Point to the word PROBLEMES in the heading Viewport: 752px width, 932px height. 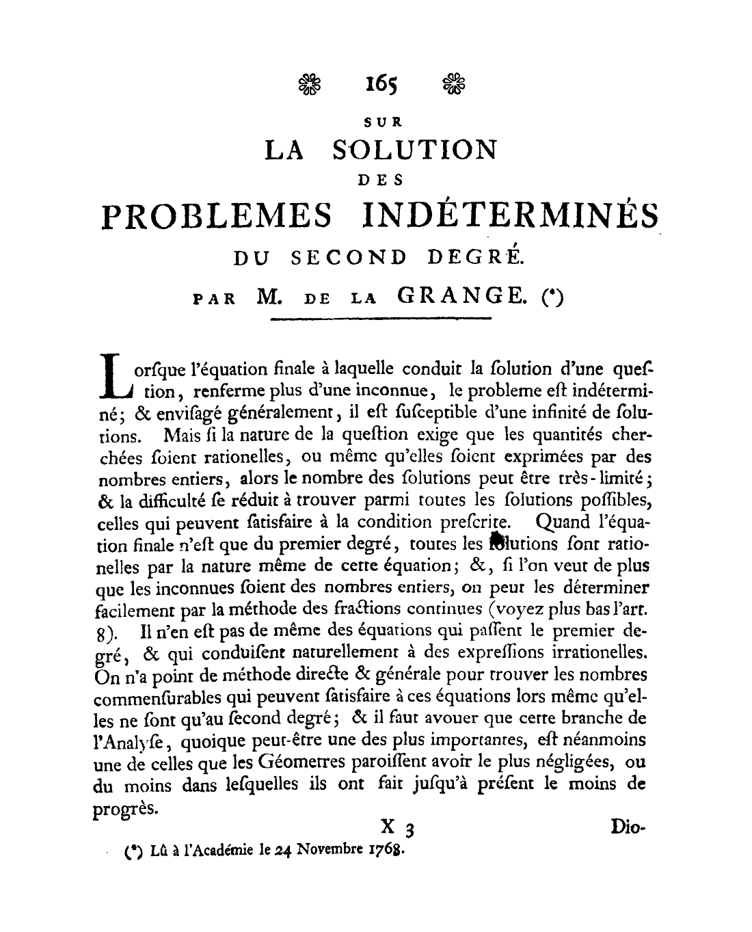click(217, 215)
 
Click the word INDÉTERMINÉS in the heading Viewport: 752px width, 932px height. click(506, 214)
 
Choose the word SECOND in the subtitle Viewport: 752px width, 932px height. click(349, 258)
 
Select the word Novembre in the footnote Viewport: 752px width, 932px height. click(331, 851)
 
